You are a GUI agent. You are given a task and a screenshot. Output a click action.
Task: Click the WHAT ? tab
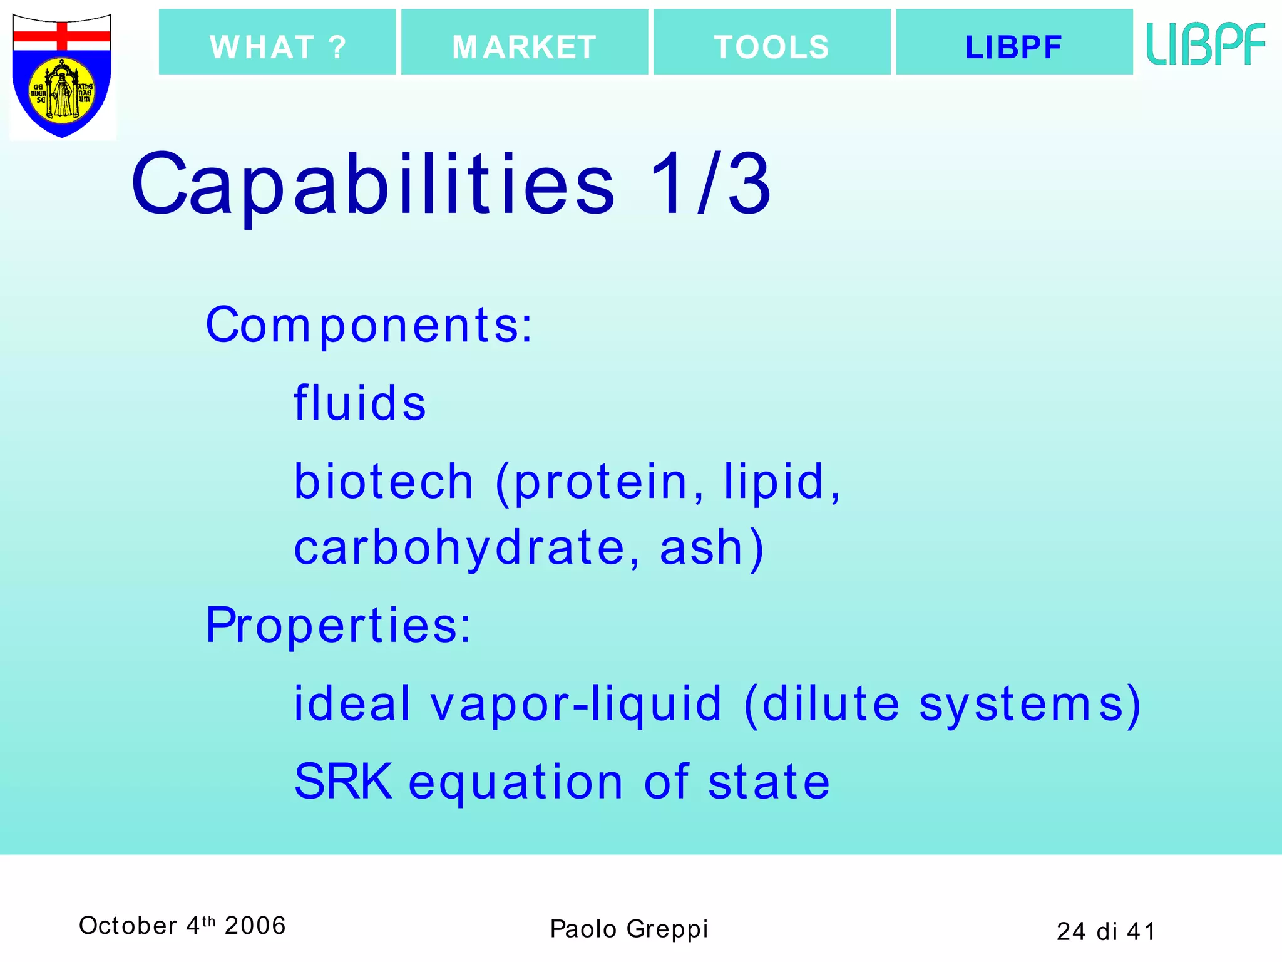click(x=277, y=43)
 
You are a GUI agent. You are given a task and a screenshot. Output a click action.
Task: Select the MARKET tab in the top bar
click(x=525, y=43)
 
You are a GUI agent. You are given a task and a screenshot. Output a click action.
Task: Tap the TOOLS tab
click(x=772, y=43)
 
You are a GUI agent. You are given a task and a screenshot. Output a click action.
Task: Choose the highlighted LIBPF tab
click(x=1014, y=43)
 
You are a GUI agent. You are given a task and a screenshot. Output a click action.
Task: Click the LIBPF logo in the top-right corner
click(x=1206, y=44)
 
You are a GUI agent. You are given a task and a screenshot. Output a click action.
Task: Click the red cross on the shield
click(x=62, y=36)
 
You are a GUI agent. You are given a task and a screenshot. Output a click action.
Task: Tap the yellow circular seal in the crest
click(x=62, y=90)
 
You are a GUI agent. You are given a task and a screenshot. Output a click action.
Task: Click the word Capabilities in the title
click(x=373, y=185)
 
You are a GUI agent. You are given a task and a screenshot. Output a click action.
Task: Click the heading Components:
click(x=369, y=326)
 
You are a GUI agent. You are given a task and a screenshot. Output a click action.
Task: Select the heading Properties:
click(x=338, y=625)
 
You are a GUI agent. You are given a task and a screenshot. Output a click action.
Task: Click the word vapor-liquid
click(x=576, y=704)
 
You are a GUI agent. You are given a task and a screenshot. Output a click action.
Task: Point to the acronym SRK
click(x=343, y=782)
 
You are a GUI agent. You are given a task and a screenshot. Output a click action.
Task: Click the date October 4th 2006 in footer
click(x=182, y=926)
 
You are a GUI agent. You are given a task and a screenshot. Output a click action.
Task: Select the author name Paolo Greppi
click(x=628, y=929)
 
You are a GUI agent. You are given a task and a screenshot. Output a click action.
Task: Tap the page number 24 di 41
click(x=1105, y=931)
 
